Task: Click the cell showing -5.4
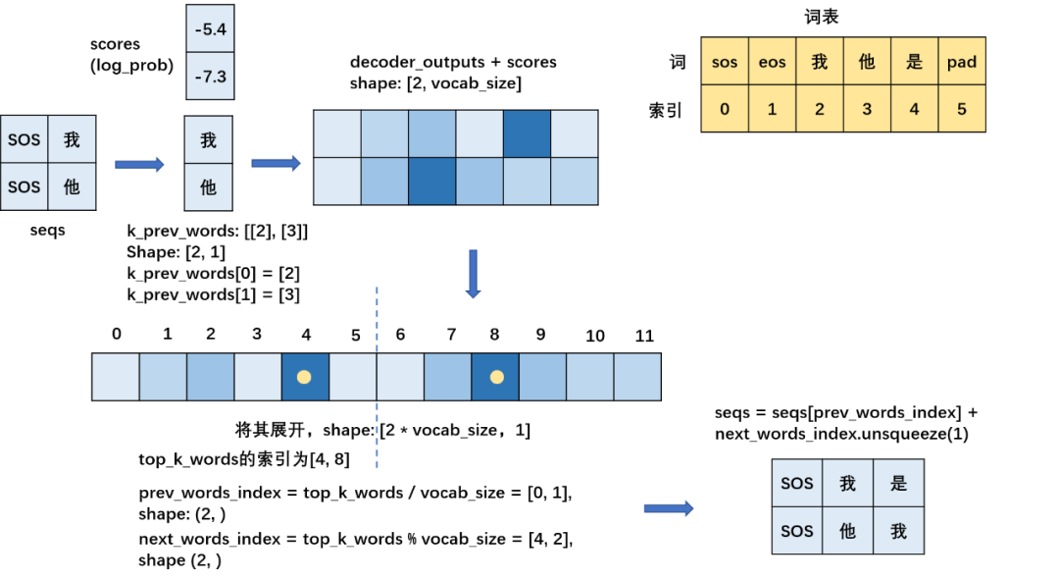click(x=210, y=29)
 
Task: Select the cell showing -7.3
click(x=210, y=76)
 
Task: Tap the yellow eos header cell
click(x=772, y=62)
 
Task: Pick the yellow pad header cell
click(x=961, y=62)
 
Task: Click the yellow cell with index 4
click(x=914, y=109)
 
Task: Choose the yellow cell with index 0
click(x=725, y=109)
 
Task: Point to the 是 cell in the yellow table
click(x=914, y=62)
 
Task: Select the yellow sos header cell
click(x=725, y=62)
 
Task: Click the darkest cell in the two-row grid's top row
click(x=527, y=133)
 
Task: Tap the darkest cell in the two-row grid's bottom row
click(x=432, y=181)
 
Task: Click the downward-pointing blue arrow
click(x=473, y=274)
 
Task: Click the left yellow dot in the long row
click(x=304, y=377)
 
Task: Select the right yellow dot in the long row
click(x=496, y=377)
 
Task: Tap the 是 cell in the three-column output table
click(x=898, y=483)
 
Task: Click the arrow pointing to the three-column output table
click(x=668, y=508)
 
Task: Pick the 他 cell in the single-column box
click(x=208, y=186)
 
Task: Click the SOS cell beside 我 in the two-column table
click(x=25, y=139)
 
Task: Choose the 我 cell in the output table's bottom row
click(x=898, y=531)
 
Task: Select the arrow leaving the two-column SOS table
click(x=139, y=164)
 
